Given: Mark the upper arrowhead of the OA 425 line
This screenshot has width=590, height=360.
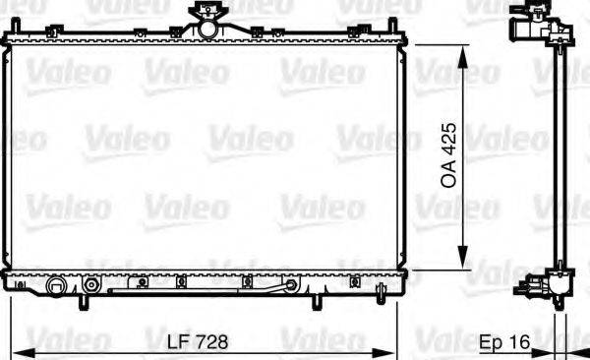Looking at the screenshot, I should point(460,45).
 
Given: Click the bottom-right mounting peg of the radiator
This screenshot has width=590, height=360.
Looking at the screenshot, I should point(316,300).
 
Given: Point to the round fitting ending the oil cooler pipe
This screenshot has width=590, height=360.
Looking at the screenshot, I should point(289,286).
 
